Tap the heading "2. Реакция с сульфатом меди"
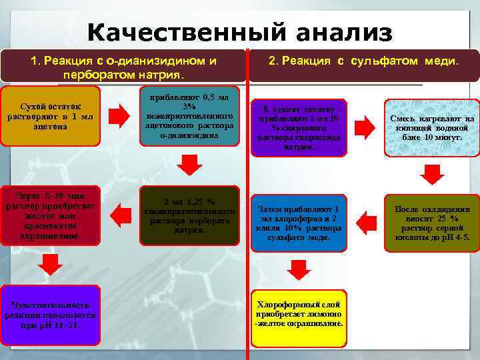(x=363, y=61)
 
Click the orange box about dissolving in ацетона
(x=51, y=115)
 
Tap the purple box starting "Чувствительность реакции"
(x=51, y=310)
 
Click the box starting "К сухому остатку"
(x=299, y=127)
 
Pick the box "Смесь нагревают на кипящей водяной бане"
(x=432, y=127)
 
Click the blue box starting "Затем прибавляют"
(x=299, y=223)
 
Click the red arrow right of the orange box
(x=119, y=116)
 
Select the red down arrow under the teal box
(x=189, y=163)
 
